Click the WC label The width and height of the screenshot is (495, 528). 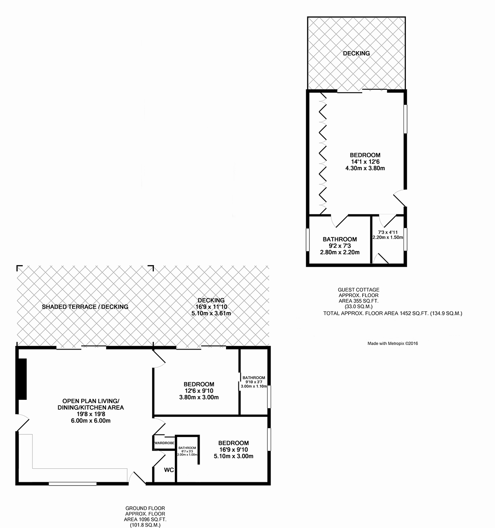(x=169, y=470)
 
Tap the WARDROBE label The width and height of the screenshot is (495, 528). (x=164, y=443)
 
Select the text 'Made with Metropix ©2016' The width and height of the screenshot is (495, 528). (x=393, y=343)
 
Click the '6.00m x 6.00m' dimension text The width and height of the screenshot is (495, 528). (x=90, y=420)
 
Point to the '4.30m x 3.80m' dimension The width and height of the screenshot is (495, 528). (x=365, y=168)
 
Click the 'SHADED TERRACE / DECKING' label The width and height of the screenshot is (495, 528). (x=85, y=307)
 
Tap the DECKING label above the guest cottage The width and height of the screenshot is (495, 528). (x=356, y=53)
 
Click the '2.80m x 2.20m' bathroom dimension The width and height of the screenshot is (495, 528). (x=339, y=252)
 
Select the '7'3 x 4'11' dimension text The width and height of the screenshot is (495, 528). (x=388, y=232)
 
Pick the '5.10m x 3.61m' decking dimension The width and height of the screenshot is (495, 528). (x=211, y=313)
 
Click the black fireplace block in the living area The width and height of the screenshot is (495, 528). (x=22, y=379)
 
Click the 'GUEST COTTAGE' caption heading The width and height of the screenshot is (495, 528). (x=358, y=289)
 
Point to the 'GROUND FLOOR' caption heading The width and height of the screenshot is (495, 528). (x=145, y=508)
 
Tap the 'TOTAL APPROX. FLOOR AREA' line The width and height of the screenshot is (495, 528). (x=393, y=313)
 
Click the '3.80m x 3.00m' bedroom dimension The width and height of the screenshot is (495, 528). (x=199, y=397)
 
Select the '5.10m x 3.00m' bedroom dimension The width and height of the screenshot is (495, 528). (x=233, y=456)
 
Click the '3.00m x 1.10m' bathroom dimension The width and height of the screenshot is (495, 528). (x=254, y=386)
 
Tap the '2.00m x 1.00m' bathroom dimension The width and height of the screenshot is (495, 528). (x=187, y=454)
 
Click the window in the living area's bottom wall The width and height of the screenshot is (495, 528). (x=73, y=483)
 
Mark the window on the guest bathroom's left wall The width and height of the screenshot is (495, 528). (x=308, y=239)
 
